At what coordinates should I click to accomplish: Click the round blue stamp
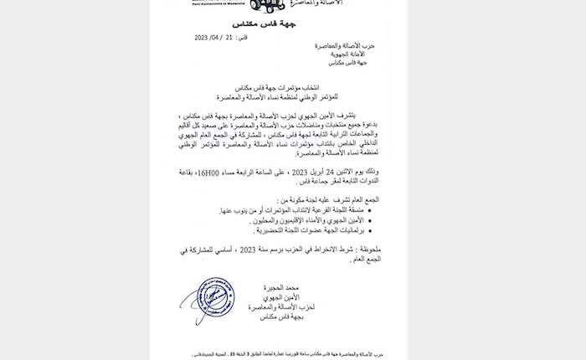click(x=215, y=302)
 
